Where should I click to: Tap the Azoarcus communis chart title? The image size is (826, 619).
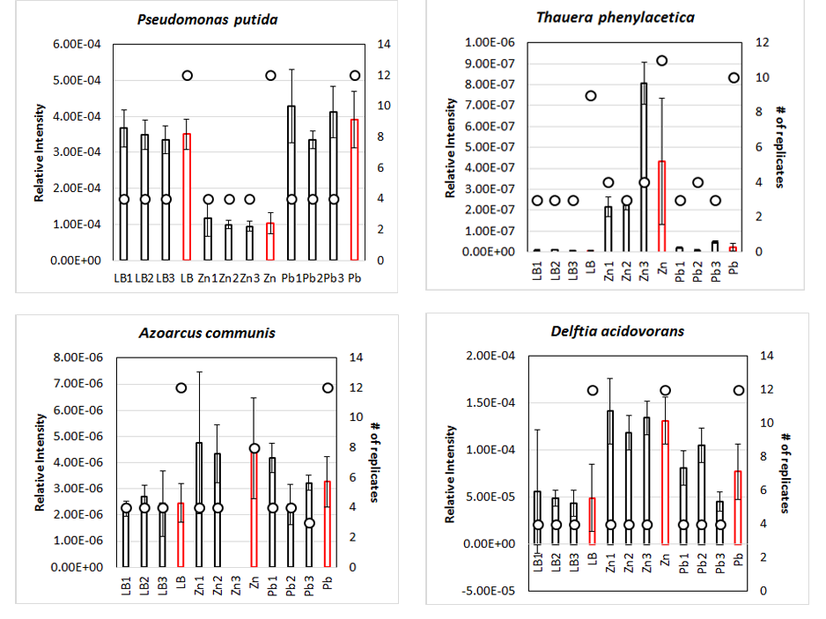tap(208, 333)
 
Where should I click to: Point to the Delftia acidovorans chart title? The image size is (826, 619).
tap(621, 331)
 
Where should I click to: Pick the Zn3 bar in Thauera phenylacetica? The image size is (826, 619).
tap(644, 167)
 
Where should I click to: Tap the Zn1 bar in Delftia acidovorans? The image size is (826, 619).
tap(609, 476)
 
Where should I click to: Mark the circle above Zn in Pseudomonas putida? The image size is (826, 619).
tap(271, 76)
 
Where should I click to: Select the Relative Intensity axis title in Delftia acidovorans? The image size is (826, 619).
tap(451, 474)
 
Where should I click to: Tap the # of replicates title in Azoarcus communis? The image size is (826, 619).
tap(372, 461)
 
